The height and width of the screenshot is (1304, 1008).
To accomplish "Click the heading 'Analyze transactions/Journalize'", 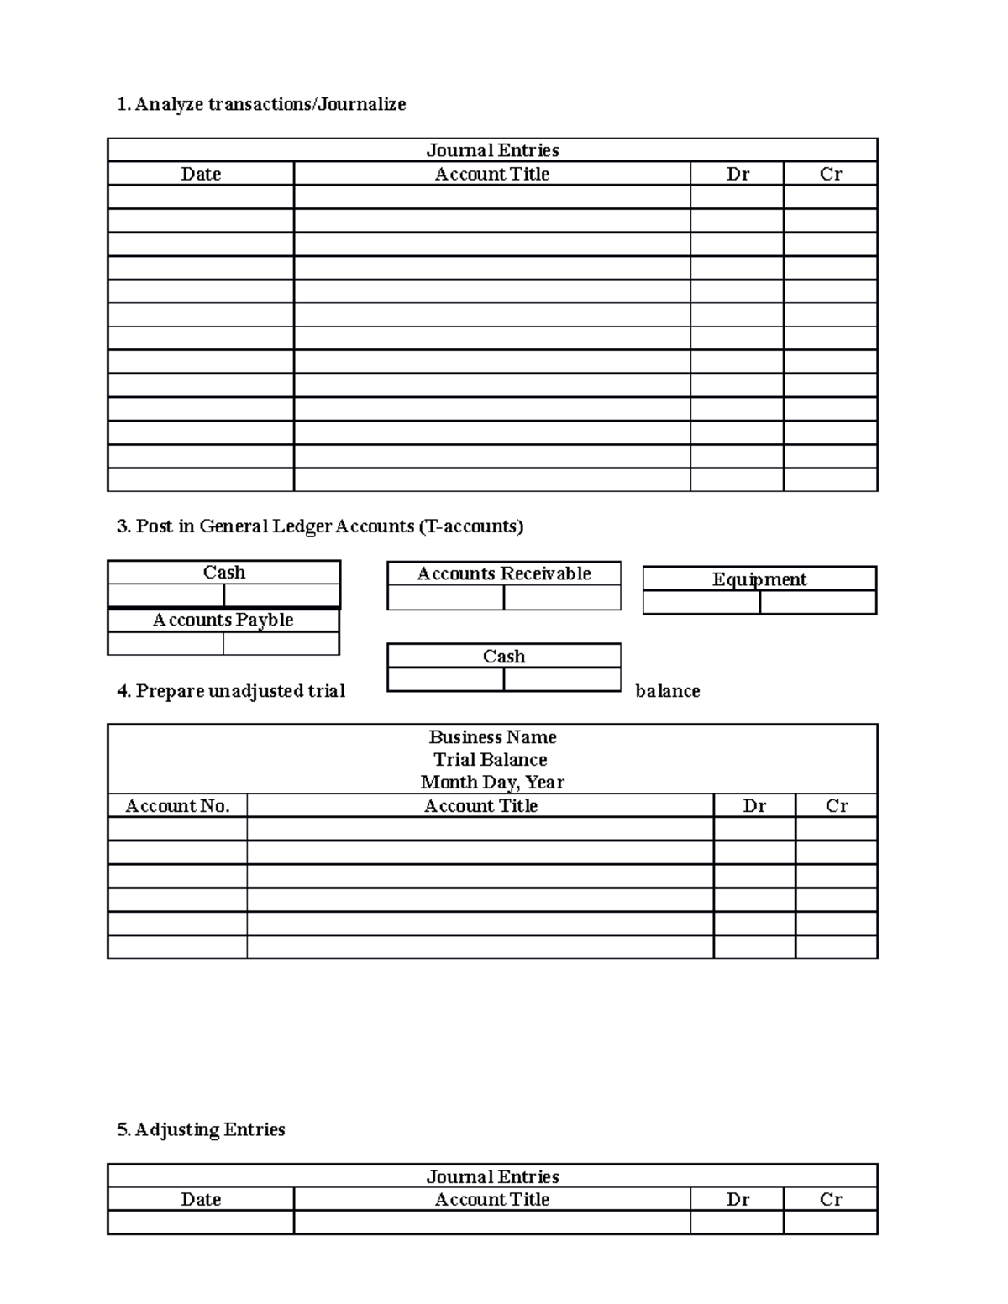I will pyautogui.click(x=261, y=104).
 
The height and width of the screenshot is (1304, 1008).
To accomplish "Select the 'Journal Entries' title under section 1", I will pyautogui.click(x=492, y=150).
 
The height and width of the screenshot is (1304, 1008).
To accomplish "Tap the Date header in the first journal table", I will pyautogui.click(x=201, y=174).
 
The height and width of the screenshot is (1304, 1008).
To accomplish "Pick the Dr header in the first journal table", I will pyautogui.click(x=738, y=174).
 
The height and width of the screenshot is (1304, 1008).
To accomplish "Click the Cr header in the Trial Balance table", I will pyautogui.click(x=837, y=805).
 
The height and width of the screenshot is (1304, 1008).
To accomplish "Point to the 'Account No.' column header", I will pyautogui.click(x=177, y=805).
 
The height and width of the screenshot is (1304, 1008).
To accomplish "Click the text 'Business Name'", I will pyautogui.click(x=492, y=736).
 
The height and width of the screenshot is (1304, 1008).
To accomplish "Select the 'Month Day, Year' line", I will pyautogui.click(x=492, y=782).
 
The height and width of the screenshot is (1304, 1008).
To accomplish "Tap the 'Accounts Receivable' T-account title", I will pyautogui.click(x=504, y=573).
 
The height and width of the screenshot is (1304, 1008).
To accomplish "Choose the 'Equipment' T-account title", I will pyautogui.click(x=759, y=579).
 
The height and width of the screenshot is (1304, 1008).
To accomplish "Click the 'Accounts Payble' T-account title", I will pyautogui.click(x=223, y=620).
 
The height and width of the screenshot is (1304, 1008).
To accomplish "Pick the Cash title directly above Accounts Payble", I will pyautogui.click(x=224, y=573).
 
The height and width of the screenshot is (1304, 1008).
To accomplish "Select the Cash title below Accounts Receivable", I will pyautogui.click(x=504, y=656).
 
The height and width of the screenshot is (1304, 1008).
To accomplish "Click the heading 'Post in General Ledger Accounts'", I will pyautogui.click(x=320, y=526).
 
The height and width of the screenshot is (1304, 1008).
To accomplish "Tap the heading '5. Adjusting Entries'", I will pyautogui.click(x=202, y=1129).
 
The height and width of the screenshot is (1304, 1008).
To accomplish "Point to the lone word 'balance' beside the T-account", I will pyautogui.click(x=668, y=691).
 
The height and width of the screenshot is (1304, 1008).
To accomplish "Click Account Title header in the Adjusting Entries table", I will pyautogui.click(x=492, y=1199).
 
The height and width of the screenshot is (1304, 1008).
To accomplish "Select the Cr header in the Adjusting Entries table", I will pyautogui.click(x=831, y=1199).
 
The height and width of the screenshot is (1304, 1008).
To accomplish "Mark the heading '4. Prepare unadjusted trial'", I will pyautogui.click(x=231, y=691).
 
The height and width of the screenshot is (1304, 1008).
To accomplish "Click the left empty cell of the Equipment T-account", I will pyautogui.click(x=701, y=603).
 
